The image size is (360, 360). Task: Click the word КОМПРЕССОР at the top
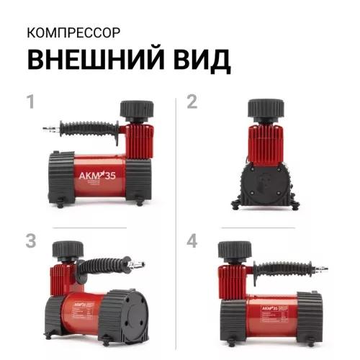pyautogui.click(x=69, y=33)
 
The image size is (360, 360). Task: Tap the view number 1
pyautogui.click(x=30, y=102)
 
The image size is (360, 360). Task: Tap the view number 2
pyautogui.click(x=192, y=102)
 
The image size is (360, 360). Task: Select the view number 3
pyautogui.click(x=30, y=240)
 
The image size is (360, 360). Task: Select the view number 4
pyautogui.click(x=192, y=240)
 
